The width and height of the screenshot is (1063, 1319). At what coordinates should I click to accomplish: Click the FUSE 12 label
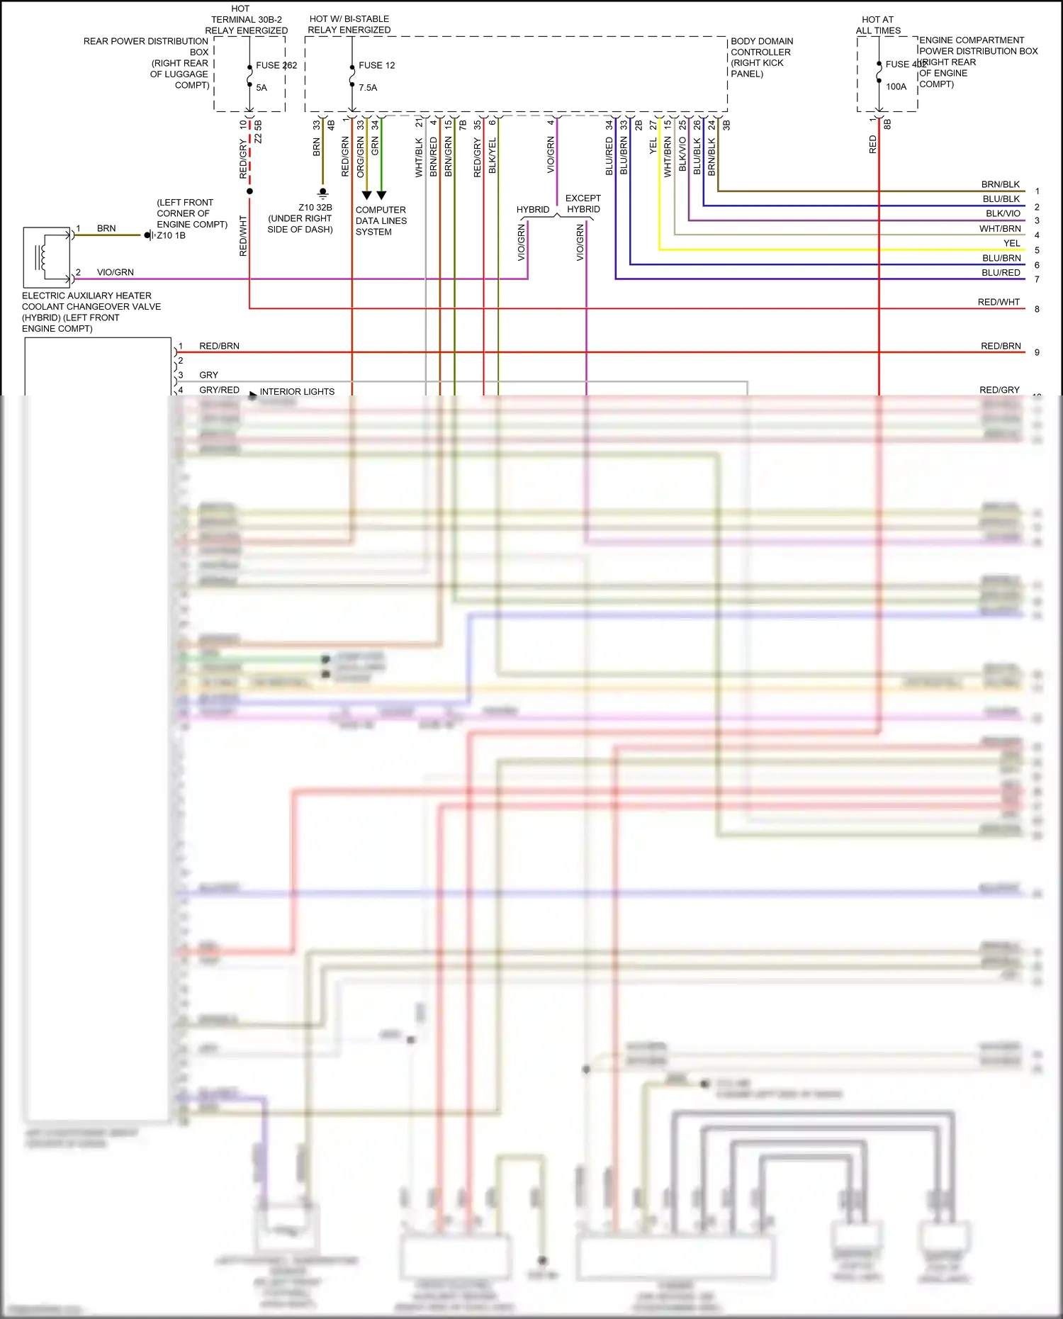[x=376, y=65]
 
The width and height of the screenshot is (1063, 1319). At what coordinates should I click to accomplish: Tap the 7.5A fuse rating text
[x=368, y=88]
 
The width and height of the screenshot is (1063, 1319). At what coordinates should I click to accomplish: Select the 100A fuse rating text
[x=896, y=87]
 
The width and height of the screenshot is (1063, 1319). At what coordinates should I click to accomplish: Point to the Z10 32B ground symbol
[x=323, y=192]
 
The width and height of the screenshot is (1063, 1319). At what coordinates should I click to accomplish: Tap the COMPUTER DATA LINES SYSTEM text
[x=381, y=221]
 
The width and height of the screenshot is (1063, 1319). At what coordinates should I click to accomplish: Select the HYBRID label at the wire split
[x=532, y=210]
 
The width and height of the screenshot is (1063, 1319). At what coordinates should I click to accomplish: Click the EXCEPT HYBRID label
[x=583, y=203]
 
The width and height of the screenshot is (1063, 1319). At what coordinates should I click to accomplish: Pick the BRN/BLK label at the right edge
[x=1000, y=184]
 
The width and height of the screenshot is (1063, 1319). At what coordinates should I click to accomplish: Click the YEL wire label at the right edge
[x=1011, y=243]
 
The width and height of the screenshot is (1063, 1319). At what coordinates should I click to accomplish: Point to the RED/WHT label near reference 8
[x=998, y=302]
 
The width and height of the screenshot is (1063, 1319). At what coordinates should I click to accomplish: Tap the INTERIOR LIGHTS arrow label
[x=296, y=392]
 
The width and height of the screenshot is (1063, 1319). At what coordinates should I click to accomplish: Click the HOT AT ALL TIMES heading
[x=877, y=25]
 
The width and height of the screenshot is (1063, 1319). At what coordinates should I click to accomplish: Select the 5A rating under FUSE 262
[x=261, y=88]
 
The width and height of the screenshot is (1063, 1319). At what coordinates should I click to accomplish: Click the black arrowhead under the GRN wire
[x=381, y=195]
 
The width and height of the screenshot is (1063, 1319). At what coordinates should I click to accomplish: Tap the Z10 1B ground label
[x=171, y=235]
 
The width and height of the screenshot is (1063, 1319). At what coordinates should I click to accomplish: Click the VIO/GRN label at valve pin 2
[x=115, y=272]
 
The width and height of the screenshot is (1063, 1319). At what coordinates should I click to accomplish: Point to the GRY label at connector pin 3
[x=208, y=375]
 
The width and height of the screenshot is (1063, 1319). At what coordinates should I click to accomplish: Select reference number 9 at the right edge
[x=1037, y=352]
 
